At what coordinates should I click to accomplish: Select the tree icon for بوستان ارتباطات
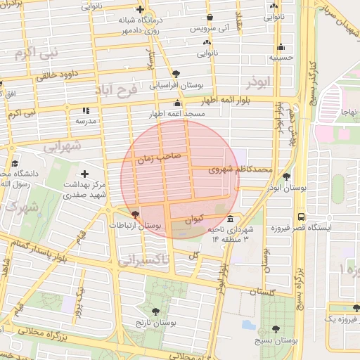135,214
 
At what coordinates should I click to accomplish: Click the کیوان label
196,219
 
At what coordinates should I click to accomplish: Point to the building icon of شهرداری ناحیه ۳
231,218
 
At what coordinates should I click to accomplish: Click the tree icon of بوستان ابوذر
286,176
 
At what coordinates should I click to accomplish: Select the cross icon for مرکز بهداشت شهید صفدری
86,174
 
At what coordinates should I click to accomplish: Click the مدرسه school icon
86,110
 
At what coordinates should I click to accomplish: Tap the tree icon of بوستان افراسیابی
175,73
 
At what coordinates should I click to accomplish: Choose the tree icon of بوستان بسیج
275,328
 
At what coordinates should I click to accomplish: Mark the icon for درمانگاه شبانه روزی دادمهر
141,11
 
